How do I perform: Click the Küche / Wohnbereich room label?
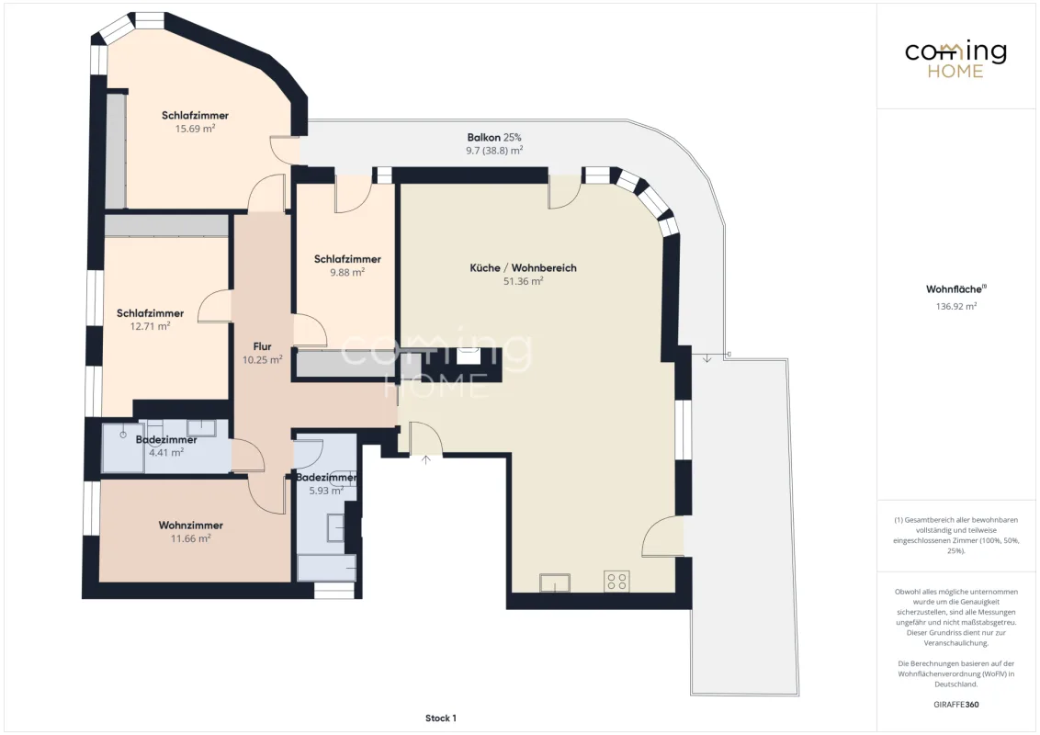pyautogui.click(x=523, y=268)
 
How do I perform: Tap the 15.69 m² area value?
pyautogui.click(x=195, y=129)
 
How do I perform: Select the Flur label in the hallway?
pyautogui.click(x=262, y=346)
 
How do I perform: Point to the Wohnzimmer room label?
pyautogui.click(x=190, y=526)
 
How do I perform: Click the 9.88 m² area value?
pyautogui.click(x=347, y=272)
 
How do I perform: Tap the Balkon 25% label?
pyautogui.click(x=494, y=137)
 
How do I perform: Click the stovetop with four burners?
pyautogui.click(x=616, y=581)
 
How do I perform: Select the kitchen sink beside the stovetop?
pyautogui.click(x=555, y=582)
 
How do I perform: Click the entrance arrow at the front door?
pyautogui.click(x=425, y=459)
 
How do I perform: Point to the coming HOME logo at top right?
pyautogui.click(x=955, y=60)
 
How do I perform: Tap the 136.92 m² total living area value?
pyautogui.click(x=955, y=307)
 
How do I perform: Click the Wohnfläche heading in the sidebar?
pyautogui.click(x=955, y=289)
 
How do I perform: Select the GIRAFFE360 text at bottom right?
pyautogui.click(x=955, y=705)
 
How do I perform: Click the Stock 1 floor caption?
pyautogui.click(x=440, y=718)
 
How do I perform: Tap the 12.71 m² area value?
pyautogui.click(x=150, y=326)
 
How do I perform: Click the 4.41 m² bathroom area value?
pyautogui.click(x=165, y=452)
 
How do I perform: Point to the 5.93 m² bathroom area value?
pyautogui.click(x=325, y=491)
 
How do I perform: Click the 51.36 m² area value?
pyautogui.click(x=524, y=281)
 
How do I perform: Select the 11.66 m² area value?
pyautogui.click(x=191, y=538)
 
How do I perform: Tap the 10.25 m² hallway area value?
pyautogui.click(x=262, y=359)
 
